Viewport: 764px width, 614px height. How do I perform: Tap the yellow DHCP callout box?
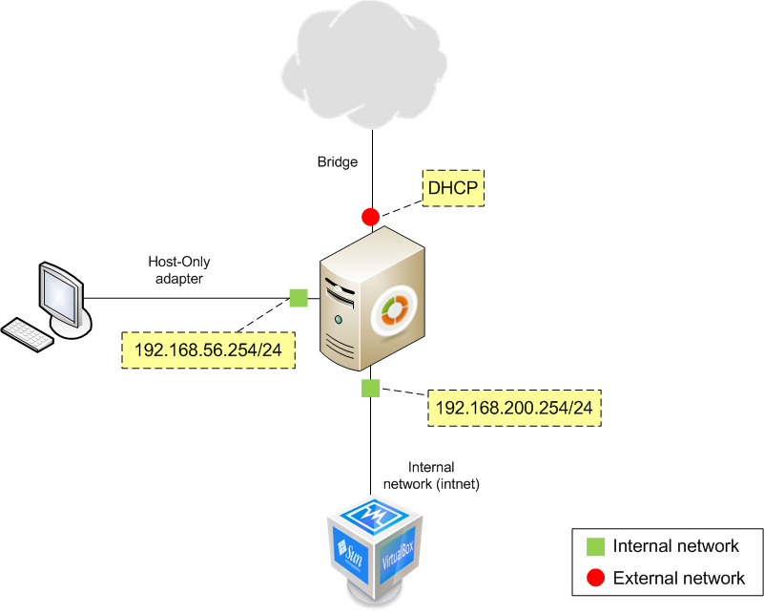point(453,187)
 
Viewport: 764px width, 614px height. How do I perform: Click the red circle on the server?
point(370,217)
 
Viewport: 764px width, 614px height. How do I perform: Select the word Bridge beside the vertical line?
point(338,162)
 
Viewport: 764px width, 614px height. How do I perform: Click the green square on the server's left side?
point(298,298)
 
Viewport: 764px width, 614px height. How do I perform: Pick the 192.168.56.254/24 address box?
point(209,349)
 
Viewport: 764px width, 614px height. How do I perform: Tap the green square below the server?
point(370,388)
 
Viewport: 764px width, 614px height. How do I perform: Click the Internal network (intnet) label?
point(431,476)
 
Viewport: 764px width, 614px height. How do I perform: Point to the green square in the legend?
point(595,547)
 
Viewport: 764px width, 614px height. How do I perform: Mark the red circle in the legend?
point(595,578)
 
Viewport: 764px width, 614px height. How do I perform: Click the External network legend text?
point(679,578)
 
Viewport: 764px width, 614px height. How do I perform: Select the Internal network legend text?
point(676,547)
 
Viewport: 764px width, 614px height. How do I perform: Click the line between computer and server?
point(191,298)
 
